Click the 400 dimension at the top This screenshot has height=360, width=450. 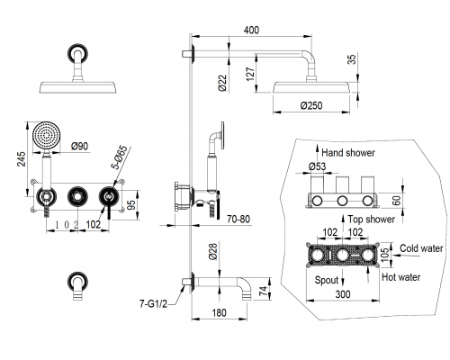[x=251, y=30]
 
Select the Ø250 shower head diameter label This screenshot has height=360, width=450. [x=311, y=105]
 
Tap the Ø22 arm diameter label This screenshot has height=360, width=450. [x=222, y=83]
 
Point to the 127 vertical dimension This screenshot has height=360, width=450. [x=250, y=74]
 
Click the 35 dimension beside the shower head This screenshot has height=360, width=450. [x=353, y=58]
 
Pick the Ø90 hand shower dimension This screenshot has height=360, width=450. [x=80, y=146]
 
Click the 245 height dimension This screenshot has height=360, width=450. [x=22, y=159]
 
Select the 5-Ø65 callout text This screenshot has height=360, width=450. [x=120, y=157]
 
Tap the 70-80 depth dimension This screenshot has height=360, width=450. [x=238, y=220]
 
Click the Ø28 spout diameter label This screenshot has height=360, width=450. [x=212, y=251]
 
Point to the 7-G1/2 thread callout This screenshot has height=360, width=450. [x=153, y=303]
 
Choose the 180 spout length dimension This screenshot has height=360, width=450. [x=219, y=313]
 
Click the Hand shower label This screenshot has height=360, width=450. [x=348, y=153]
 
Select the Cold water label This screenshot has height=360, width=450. [x=421, y=248]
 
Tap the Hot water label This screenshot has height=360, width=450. [x=400, y=277]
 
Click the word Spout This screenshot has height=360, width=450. [x=327, y=280]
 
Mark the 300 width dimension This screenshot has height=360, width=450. [x=343, y=294]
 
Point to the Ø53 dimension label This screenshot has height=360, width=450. [x=317, y=166]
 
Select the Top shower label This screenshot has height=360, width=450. [x=372, y=220]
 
